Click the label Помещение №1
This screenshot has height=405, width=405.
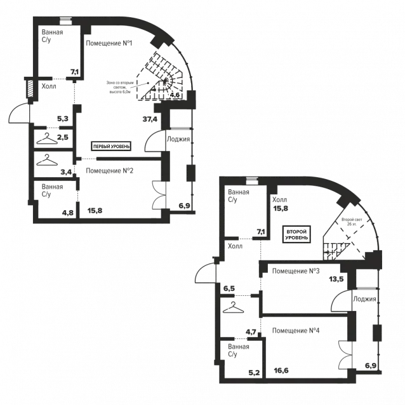pos(109,43)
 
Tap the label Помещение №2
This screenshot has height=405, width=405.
pos(110,171)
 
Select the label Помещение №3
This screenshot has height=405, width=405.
pos(296,271)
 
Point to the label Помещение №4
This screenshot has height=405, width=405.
pos(296,331)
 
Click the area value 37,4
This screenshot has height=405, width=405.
pos(150,119)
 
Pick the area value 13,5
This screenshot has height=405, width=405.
pos(336,279)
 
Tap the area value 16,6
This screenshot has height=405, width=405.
pos(281,371)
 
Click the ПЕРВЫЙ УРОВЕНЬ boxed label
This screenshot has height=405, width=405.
pos(111,147)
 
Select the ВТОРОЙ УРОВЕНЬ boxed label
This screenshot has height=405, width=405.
pos(296,234)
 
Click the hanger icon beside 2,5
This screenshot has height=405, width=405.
pos(47,138)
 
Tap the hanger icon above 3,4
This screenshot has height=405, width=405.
pos(47,160)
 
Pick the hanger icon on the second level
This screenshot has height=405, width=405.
pos(233,307)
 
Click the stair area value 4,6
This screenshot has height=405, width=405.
pos(175,95)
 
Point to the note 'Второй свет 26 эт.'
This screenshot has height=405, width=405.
pos(352,222)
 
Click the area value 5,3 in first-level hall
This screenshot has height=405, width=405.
pos(63,119)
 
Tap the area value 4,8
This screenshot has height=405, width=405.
pos(68,213)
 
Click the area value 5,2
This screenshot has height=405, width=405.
pos(254,373)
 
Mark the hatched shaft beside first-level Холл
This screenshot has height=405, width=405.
pos(30,89)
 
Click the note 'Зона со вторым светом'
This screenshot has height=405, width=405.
pos(120,88)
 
